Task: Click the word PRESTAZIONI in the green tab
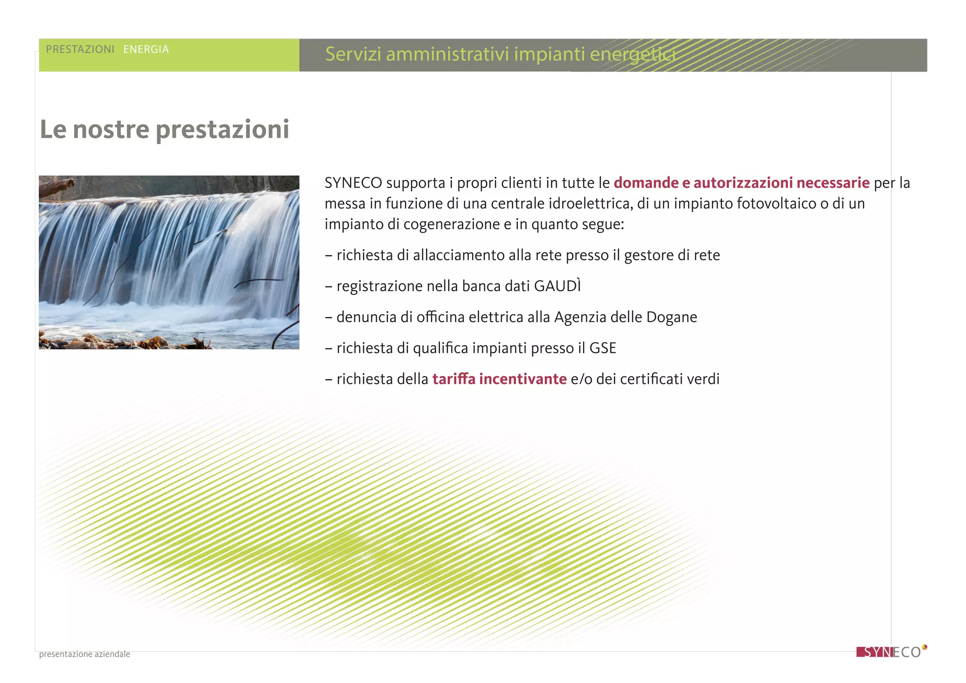[x=80, y=50]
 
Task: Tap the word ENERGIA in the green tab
[x=146, y=50]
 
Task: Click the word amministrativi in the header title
[x=448, y=54]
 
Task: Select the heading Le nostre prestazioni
[x=165, y=129]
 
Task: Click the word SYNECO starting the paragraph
[x=353, y=183]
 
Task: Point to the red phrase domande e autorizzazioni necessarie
[x=741, y=183]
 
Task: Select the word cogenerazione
[x=451, y=225]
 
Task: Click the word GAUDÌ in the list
[x=557, y=286]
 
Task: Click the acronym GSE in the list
[x=602, y=349]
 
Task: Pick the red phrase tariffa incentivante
[x=499, y=379]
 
